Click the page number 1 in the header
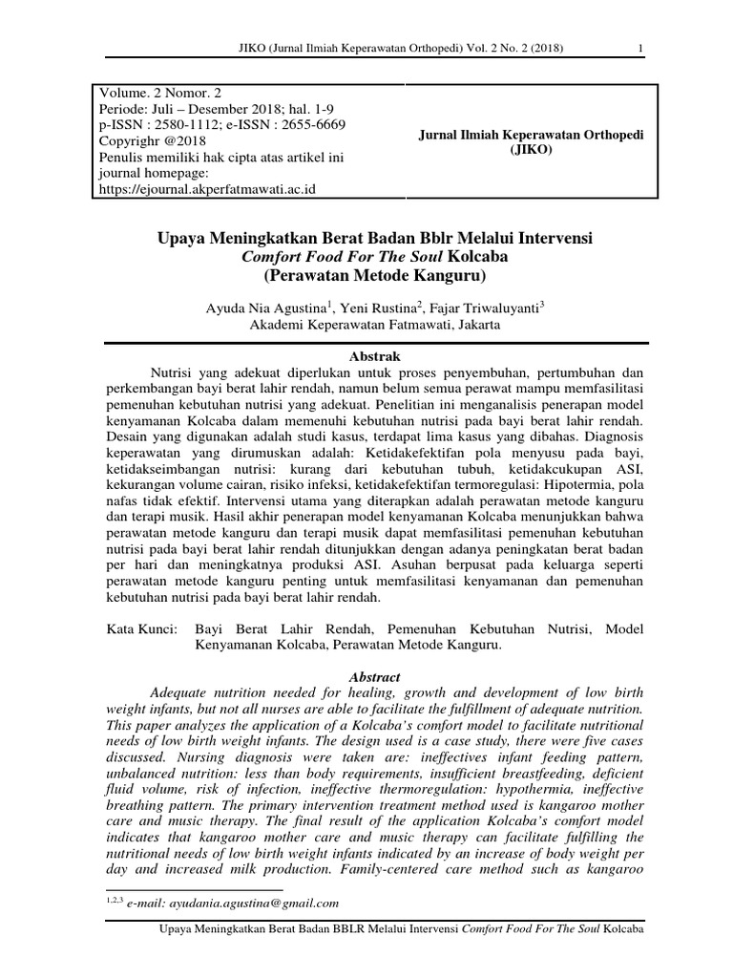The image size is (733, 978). click(639, 51)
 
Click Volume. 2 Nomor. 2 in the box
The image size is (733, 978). click(157, 94)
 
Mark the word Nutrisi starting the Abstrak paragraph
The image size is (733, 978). click(175, 371)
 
